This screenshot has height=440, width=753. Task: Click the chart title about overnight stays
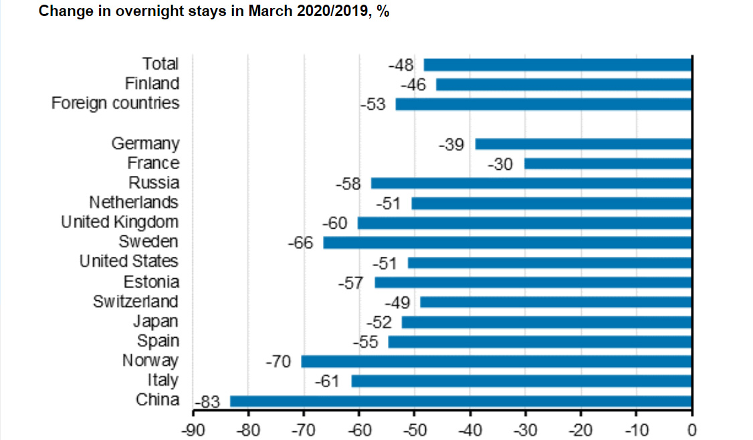(x=214, y=12)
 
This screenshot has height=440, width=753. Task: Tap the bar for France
(x=607, y=163)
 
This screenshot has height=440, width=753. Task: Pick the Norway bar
(x=496, y=362)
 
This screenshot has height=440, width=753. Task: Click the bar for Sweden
(x=507, y=243)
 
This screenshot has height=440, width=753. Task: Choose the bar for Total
(x=557, y=65)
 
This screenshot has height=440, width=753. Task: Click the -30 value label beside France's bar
(x=500, y=164)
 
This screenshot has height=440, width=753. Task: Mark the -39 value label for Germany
(x=451, y=144)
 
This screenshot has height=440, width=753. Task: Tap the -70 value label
(x=278, y=362)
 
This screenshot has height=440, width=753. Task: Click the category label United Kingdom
(x=120, y=222)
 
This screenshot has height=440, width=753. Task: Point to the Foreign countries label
(x=115, y=103)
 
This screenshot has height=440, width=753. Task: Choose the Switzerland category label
(x=136, y=302)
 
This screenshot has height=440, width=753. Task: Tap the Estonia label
(x=151, y=282)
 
